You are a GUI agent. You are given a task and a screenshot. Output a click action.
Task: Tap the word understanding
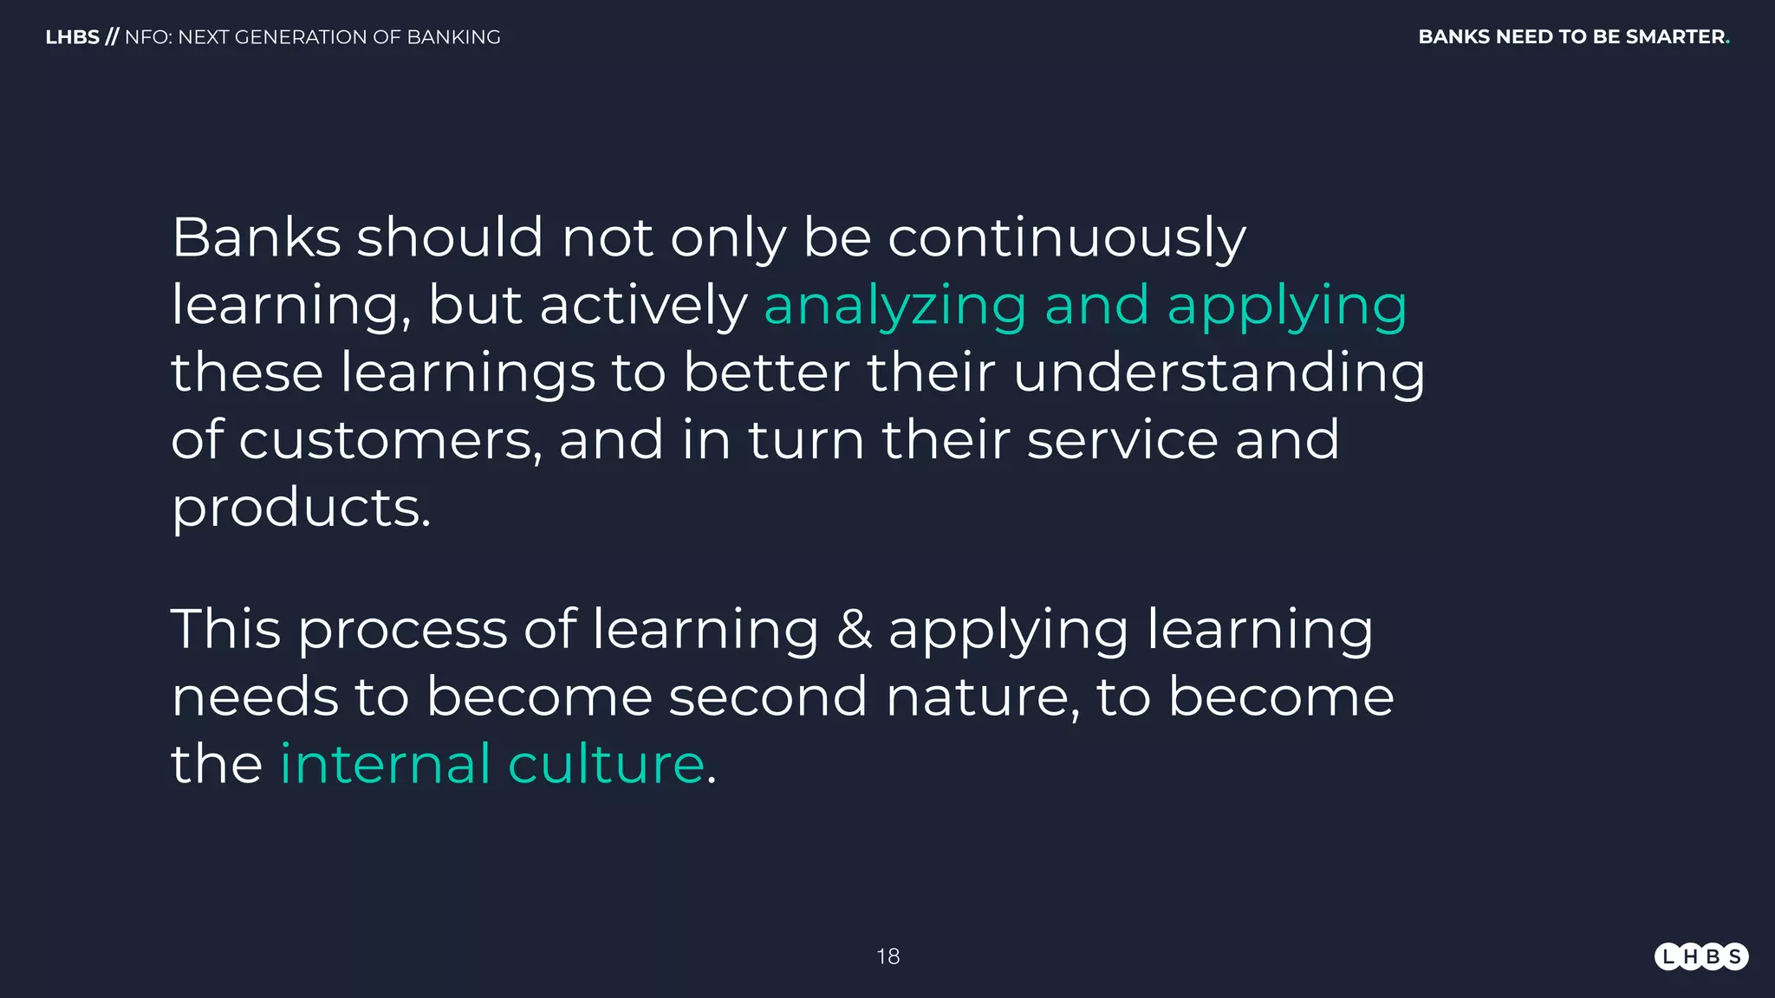click(x=1219, y=373)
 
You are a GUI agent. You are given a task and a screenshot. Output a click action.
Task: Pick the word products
click(x=301, y=508)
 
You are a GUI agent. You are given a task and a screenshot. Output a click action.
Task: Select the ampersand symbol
click(x=854, y=630)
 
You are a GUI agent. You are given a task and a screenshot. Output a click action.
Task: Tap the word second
click(x=767, y=697)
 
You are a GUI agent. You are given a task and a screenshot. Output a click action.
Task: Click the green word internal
click(x=385, y=764)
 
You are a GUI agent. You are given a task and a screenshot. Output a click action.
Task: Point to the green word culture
click(x=606, y=764)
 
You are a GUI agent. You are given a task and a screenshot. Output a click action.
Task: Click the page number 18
click(x=887, y=956)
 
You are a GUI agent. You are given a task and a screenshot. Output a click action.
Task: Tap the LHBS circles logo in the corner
click(x=1700, y=956)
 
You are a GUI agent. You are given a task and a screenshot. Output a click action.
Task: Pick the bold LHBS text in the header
click(x=72, y=37)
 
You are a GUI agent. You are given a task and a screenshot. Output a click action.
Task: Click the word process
click(x=402, y=630)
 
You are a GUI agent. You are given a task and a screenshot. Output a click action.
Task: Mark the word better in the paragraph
click(x=765, y=373)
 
